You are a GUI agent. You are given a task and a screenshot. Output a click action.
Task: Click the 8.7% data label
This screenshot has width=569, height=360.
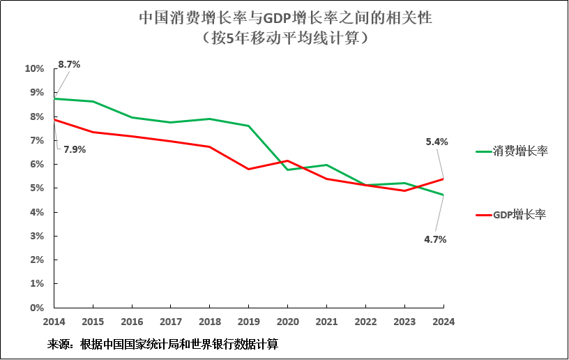pyautogui.click(x=69, y=64)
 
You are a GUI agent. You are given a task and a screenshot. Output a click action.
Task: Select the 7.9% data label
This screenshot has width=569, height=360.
pyautogui.click(x=75, y=149)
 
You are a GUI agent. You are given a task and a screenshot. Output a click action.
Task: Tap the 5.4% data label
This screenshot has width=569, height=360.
pyautogui.click(x=437, y=142)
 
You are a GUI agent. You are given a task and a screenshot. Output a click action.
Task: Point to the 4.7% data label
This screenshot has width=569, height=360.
pyautogui.click(x=434, y=239)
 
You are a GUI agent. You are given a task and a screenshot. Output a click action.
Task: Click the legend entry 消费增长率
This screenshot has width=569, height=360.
pyautogui.click(x=520, y=150)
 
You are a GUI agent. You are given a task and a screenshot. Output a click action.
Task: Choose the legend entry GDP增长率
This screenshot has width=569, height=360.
pyautogui.click(x=519, y=215)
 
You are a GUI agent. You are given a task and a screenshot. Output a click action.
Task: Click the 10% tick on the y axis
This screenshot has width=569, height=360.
pyautogui.click(x=34, y=68)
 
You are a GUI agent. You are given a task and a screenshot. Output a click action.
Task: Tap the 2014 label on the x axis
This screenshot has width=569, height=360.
pyautogui.click(x=54, y=322)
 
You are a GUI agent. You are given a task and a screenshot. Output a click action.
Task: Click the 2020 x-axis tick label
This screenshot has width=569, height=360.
pyautogui.click(x=287, y=322)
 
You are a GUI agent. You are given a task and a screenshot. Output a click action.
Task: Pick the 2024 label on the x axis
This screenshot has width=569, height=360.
pyautogui.click(x=443, y=322)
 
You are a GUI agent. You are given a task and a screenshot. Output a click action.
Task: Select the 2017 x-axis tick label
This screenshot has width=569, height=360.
pyautogui.click(x=171, y=322)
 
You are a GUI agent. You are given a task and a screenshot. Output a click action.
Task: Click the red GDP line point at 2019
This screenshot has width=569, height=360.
pyautogui.click(x=249, y=169)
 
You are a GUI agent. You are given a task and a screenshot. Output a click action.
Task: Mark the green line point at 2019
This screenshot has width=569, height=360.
pyautogui.click(x=249, y=126)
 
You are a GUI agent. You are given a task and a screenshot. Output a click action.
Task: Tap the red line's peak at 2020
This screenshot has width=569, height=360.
pyautogui.click(x=288, y=160)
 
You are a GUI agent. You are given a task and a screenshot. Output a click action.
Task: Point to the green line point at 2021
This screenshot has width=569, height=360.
pyautogui.click(x=327, y=165)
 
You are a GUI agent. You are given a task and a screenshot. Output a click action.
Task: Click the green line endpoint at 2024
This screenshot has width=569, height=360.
pyautogui.click(x=443, y=195)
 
